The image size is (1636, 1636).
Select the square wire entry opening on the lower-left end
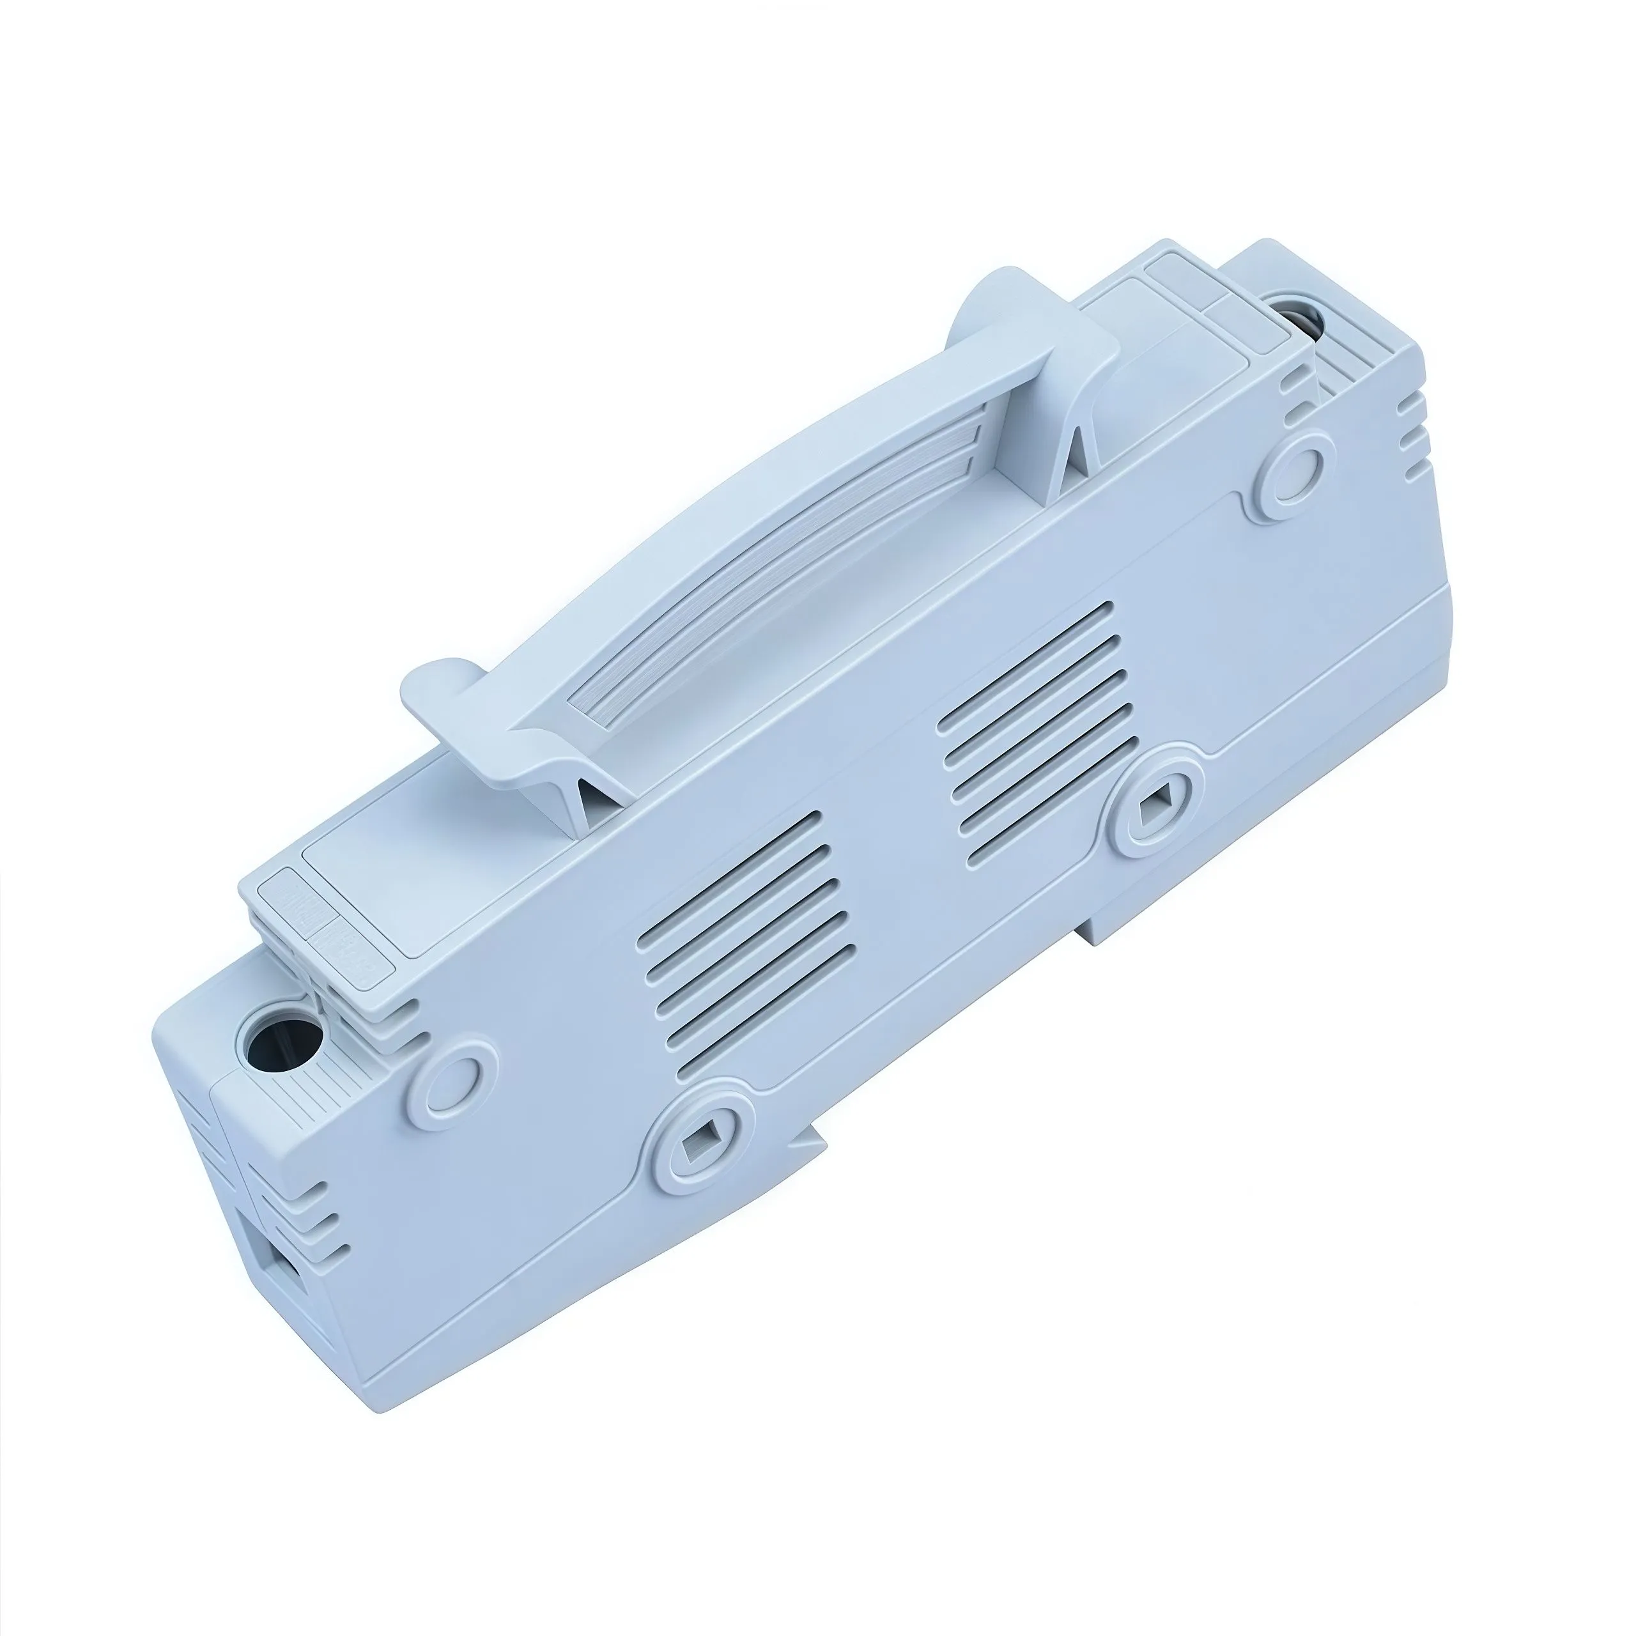[x=282, y=1279]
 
